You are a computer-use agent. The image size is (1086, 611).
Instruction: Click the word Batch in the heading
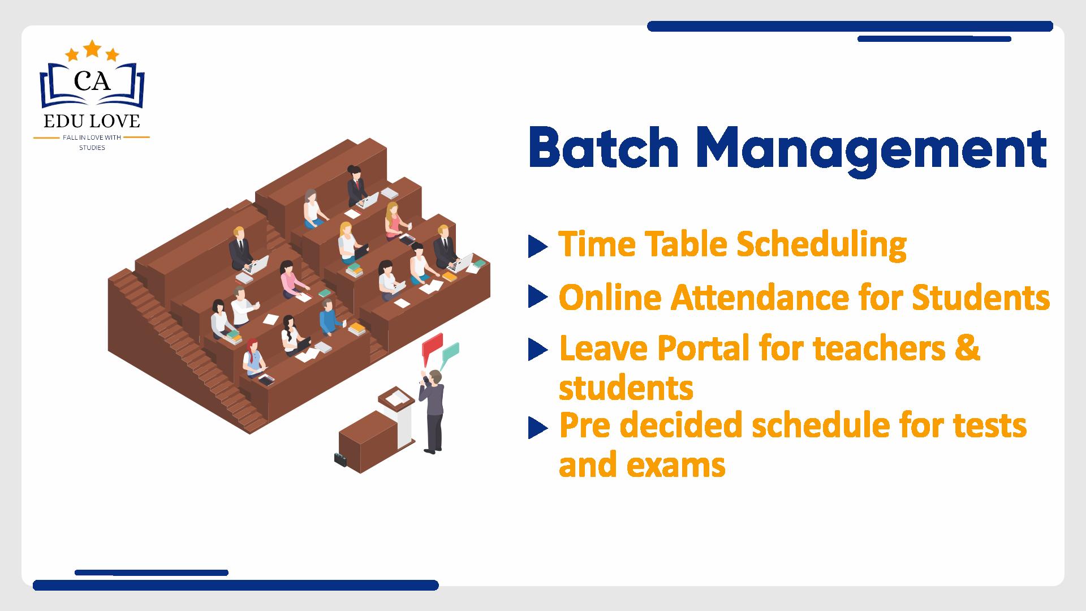pyautogui.click(x=604, y=148)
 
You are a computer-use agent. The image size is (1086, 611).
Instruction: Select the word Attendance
pyautogui.click(x=760, y=298)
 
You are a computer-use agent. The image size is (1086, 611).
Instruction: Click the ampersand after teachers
pyautogui.click(x=968, y=348)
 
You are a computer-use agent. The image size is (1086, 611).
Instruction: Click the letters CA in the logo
pyautogui.click(x=92, y=83)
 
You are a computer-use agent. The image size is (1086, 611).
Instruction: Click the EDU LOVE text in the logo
pyautogui.click(x=92, y=121)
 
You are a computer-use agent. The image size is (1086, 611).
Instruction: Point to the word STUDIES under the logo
pyautogui.click(x=92, y=148)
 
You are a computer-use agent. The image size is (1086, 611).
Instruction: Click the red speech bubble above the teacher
pyautogui.click(x=432, y=347)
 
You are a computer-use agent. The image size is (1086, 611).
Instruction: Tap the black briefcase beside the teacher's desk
pyautogui.click(x=341, y=459)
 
